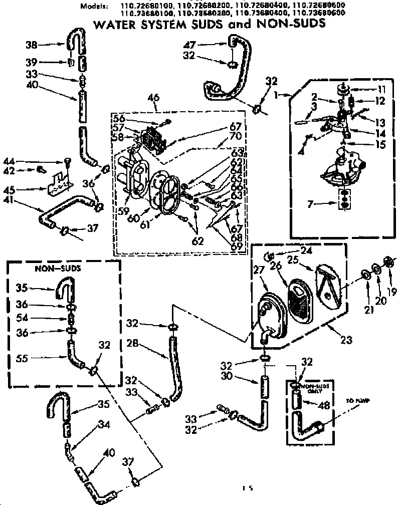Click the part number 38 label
(x=31, y=45)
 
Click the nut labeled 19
(x=387, y=262)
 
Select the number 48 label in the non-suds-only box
(x=324, y=406)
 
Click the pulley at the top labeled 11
(x=343, y=90)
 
